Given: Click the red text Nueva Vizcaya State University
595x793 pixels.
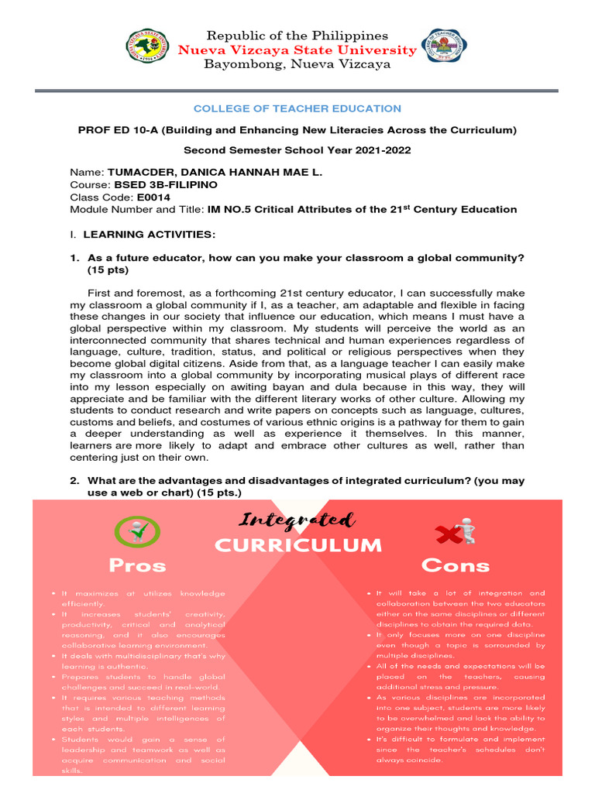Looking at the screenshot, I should [297, 50].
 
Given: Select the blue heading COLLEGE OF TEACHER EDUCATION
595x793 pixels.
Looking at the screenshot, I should [297, 108].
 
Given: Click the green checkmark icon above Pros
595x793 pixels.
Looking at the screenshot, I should [137, 530].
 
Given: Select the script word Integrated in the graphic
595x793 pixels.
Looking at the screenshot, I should [297, 520].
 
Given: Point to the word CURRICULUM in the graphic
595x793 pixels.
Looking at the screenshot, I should [298, 546].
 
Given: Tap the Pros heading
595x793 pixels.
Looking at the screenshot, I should [137, 565].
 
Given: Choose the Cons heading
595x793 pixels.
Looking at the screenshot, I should [456, 565].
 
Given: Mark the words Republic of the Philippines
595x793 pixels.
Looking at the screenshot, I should [297, 36].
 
